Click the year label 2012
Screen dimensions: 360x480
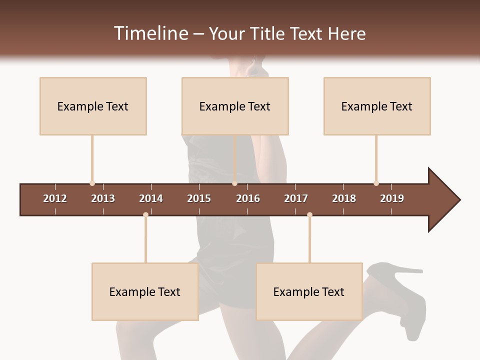(x=55, y=198)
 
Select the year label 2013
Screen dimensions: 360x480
(x=103, y=198)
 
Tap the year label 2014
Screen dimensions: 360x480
(x=151, y=198)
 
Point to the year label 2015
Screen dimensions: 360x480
(x=199, y=198)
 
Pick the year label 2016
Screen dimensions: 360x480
(x=248, y=198)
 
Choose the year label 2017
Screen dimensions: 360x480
(x=296, y=198)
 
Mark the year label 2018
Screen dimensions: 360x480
(x=344, y=198)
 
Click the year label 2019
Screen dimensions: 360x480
(x=392, y=198)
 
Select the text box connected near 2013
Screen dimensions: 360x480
(x=93, y=106)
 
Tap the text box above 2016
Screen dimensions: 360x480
(x=235, y=106)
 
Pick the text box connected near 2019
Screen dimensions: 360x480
(x=377, y=106)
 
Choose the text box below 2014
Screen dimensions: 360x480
(x=145, y=291)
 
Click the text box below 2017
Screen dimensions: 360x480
(x=309, y=291)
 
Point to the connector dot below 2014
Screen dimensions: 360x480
(x=145, y=215)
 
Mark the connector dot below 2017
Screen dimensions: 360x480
(x=309, y=215)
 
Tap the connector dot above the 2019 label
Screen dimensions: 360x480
(x=376, y=183)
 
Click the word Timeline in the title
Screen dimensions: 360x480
(x=150, y=33)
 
